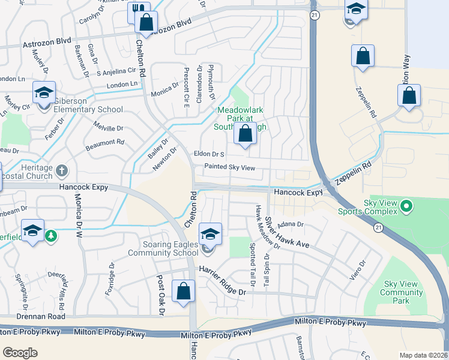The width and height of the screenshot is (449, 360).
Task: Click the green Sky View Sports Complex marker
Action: point(406,208)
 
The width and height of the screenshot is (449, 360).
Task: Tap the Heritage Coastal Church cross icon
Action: point(61,171)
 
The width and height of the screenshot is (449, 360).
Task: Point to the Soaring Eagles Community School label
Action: point(162,248)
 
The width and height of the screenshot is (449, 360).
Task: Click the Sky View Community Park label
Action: point(402,292)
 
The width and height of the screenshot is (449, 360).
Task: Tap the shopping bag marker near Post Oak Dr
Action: point(183,292)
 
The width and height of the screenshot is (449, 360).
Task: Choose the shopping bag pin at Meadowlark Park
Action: point(245,134)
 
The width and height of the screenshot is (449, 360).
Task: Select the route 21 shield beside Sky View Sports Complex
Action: point(378,228)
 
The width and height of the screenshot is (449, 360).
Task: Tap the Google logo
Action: point(20,352)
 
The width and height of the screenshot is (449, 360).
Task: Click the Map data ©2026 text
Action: point(423,355)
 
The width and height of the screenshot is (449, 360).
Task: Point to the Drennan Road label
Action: point(41,316)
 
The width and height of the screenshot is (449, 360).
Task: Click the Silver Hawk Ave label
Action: point(287,233)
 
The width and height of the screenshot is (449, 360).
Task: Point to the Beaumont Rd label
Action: point(104,142)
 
